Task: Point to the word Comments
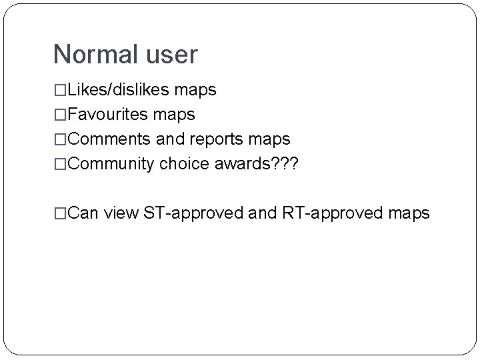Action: (111, 139)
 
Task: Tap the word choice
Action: (184, 164)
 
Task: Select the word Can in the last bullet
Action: (83, 213)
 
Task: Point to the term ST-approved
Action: (195, 213)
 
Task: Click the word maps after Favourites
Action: (175, 115)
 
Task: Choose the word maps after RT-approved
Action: (408, 213)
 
